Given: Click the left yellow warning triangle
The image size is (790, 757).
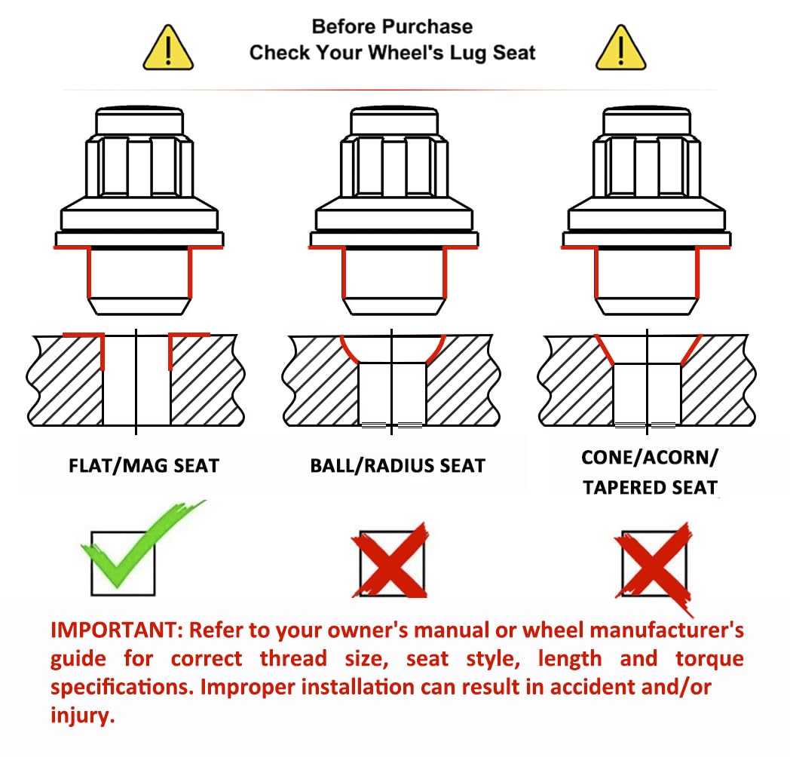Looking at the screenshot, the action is click(x=168, y=48).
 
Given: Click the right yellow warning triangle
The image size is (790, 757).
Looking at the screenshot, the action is click(x=620, y=48).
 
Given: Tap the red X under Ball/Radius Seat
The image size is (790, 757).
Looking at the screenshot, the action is click(x=390, y=560).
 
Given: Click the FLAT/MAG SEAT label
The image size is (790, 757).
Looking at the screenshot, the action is click(x=144, y=466).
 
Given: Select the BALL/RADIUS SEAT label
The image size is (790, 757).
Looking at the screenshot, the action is click(x=397, y=466).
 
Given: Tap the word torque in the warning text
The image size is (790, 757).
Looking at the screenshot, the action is click(x=710, y=659).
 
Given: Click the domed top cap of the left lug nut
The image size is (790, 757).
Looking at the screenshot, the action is click(x=139, y=120).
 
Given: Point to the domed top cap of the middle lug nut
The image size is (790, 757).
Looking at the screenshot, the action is click(x=394, y=120).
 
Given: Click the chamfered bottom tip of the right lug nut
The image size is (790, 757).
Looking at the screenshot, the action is click(x=647, y=306).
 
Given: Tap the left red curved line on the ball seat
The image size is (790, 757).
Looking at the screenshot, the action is click(x=350, y=349).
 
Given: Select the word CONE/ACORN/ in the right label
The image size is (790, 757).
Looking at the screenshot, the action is click(x=650, y=458).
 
